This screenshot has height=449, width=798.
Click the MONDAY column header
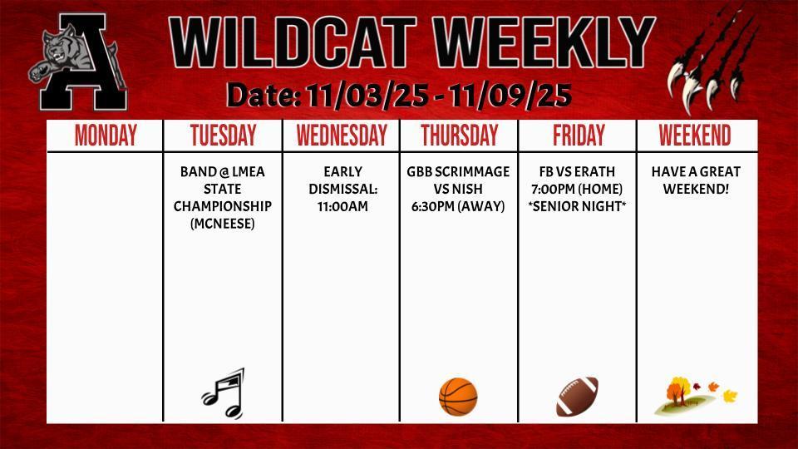click(106, 136)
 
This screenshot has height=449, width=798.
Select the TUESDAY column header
click(223, 136)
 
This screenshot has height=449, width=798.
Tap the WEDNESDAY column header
click(342, 136)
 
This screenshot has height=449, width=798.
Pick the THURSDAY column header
click(459, 136)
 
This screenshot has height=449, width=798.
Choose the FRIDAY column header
click(579, 136)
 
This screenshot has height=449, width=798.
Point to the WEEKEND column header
click(695, 136)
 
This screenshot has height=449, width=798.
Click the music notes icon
click(223, 393)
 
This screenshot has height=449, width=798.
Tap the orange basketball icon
click(458, 397)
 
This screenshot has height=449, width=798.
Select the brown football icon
click(577, 397)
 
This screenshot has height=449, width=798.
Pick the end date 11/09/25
click(510, 96)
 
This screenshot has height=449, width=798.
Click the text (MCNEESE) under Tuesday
click(223, 223)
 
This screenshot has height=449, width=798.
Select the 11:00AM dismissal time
click(342, 206)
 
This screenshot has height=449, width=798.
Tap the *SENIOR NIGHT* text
click(578, 206)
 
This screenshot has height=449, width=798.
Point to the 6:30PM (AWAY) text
click(458, 206)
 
